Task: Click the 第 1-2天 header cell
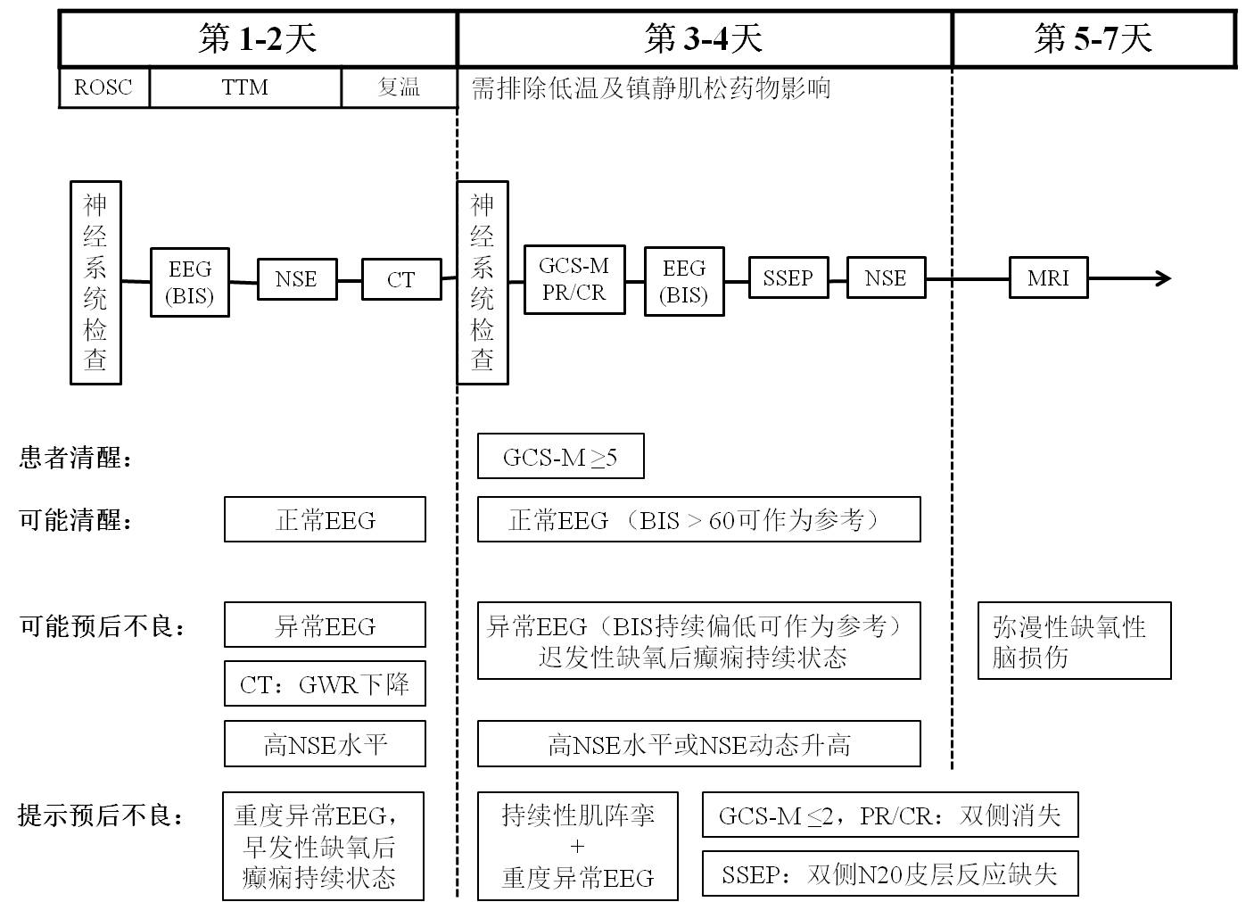click(258, 39)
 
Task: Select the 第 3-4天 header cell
click(704, 39)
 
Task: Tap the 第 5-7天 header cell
click(1093, 39)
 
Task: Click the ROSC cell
click(103, 87)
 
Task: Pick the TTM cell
click(245, 87)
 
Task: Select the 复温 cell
click(399, 87)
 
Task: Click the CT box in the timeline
click(401, 279)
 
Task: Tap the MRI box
click(1048, 277)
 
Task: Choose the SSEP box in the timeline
click(788, 277)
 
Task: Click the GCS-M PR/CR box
click(574, 279)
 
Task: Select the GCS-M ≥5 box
click(560, 457)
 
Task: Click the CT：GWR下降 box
click(325, 684)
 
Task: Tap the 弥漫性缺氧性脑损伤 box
click(1074, 641)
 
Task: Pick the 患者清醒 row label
click(77, 459)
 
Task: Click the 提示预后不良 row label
click(102, 815)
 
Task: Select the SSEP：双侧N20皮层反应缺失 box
click(889, 874)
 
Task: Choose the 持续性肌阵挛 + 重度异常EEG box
click(577, 846)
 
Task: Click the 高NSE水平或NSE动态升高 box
click(698, 744)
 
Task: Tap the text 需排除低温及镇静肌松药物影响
click(651, 87)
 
